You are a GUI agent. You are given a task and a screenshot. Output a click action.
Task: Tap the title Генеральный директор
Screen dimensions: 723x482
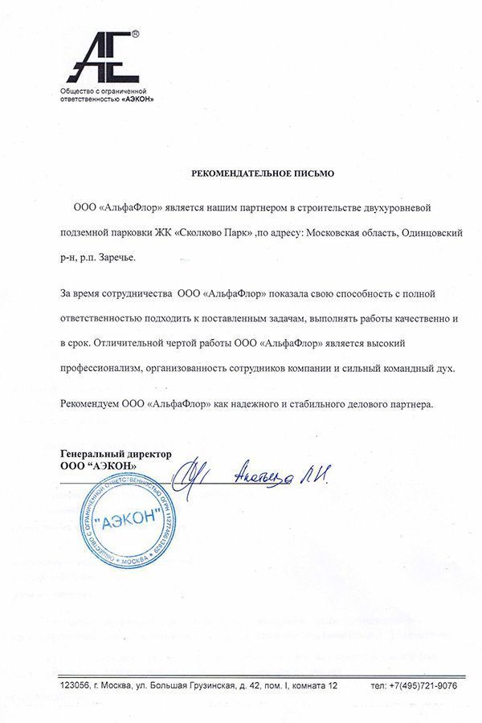116,454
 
